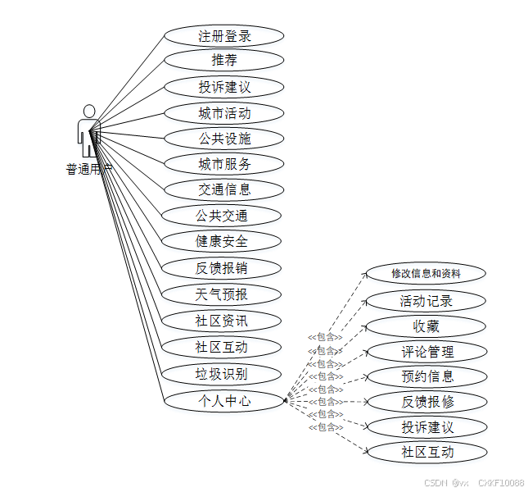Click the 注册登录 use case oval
[x=223, y=35]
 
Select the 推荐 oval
[x=223, y=60]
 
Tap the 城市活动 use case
[x=223, y=112]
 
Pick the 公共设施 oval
[x=223, y=138]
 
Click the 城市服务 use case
[x=223, y=163]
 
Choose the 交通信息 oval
[x=223, y=189]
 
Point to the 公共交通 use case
[x=221, y=216]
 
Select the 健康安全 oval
[x=221, y=241]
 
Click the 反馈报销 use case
[x=221, y=267]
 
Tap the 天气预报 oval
[x=221, y=294]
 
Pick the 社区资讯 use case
[x=221, y=320]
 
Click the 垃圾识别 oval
[x=221, y=374]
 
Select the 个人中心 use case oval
[x=223, y=401]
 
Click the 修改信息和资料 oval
[x=426, y=273]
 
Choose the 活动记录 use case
[x=426, y=301]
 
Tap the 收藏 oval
[x=426, y=326]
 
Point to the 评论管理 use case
[x=426, y=352]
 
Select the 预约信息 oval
[x=426, y=376]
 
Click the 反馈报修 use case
[x=426, y=402]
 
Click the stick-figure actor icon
[x=88, y=130]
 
